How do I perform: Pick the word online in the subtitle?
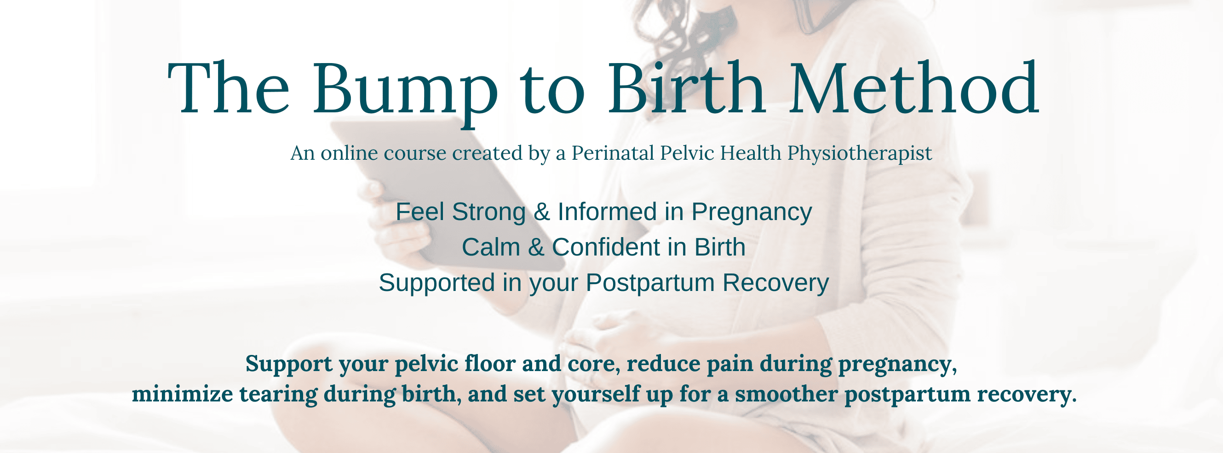click(350, 153)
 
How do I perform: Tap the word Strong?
click(488, 213)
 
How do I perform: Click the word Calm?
click(491, 247)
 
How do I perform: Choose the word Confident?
click(606, 247)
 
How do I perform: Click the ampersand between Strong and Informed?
click(542, 212)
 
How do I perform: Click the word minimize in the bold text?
click(182, 394)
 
